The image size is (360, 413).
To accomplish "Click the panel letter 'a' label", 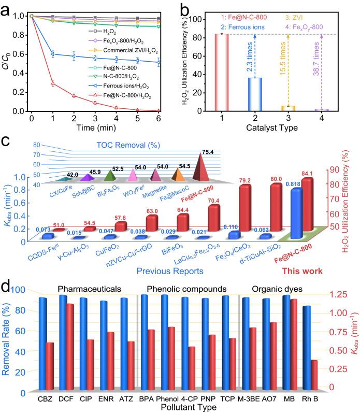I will point(7,9).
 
